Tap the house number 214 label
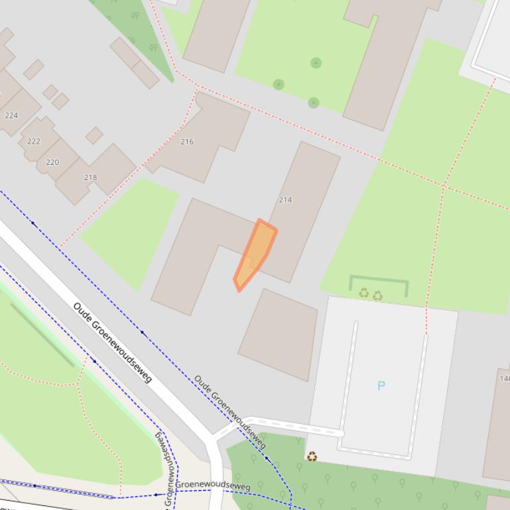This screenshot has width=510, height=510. [x=285, y=199]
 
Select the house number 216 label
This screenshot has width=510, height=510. [x=187, y=141]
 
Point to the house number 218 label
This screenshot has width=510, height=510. [x=90, y=177]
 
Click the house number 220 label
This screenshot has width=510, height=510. [x=52, y=162]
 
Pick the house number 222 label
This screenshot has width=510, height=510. [x=34, y=141]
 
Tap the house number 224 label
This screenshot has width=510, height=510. [x=11, y=115]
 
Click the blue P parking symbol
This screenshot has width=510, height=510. [x=381, y=385]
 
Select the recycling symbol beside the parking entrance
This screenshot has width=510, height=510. [x=312, y=456]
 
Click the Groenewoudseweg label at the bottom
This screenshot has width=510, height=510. [x=213, y=485]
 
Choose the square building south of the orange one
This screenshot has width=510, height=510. [x=278, y=334]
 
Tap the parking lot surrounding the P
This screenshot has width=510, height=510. [x=385, y=351]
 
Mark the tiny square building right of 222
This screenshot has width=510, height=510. [x=94, y=135]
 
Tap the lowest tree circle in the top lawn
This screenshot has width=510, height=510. [x=314, y=103]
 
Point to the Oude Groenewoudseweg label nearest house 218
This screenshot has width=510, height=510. [x=113, y=342]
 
